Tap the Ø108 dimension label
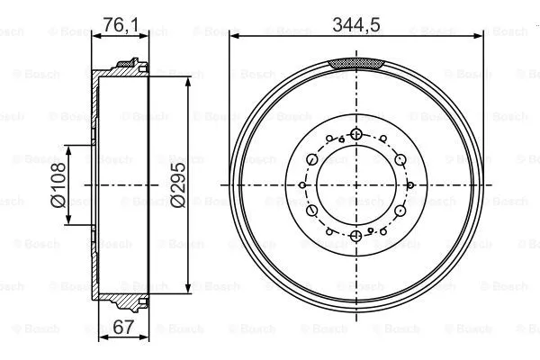click(58, 184)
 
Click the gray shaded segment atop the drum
click(357, 63)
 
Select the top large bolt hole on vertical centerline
click(357, 134)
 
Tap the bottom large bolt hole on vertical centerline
click(357, 236)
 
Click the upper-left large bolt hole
click(312, 159)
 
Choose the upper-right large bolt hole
click(401, 159)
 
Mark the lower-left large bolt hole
click(312, 211)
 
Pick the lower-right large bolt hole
click(401, 211)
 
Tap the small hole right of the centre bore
click(409, 185)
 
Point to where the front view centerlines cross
click(357, 185)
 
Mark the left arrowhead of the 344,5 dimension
click(234, 34)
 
